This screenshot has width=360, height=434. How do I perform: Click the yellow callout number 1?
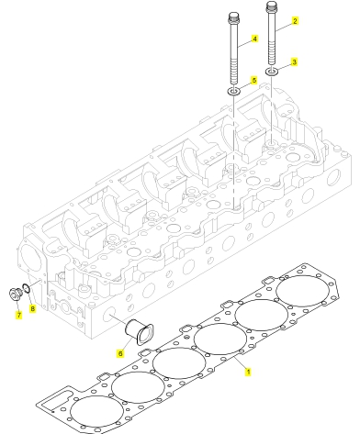click(x=248, y=372)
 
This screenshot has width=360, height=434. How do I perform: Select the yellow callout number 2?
click(x=295, y=21)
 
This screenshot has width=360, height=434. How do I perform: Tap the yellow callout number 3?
click(x=294, y=62)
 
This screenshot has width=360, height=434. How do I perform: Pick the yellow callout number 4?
click(x=254, y=39)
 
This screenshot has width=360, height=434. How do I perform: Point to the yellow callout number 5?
click(x=253, y=81)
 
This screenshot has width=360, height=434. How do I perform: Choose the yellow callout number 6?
click(x=120, y=353)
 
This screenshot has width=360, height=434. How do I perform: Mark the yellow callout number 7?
click(x=19, y=315)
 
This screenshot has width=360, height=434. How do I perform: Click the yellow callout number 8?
click(x=32, y=308)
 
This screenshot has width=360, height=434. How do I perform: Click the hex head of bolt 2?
click(x=271, y=6)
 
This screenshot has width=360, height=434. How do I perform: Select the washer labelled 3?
click(x=271, y=72)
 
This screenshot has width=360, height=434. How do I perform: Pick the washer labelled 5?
click(x=233, y=91)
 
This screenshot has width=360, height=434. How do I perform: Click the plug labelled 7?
click(x=15, y=294)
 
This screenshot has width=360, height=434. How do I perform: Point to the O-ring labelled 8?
click(x=26, y=288)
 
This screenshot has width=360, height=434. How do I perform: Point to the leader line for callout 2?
click(x=283, y=27)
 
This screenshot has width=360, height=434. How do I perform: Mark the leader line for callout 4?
click(x=244, y=43)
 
